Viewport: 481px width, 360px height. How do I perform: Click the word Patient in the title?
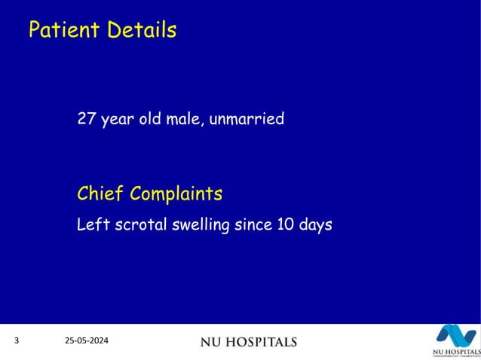[x=63, y=30]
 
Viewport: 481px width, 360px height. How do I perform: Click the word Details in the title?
[x=141, y=30]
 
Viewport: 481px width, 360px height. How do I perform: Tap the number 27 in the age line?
[x=86, y=119]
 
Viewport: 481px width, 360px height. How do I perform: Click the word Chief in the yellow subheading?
[x=100, y=194]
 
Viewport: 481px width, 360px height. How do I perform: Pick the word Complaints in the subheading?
[x=176, y=194]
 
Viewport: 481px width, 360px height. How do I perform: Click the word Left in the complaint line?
[x=90, y=224]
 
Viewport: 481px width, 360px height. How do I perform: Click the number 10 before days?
[x=279, y=224]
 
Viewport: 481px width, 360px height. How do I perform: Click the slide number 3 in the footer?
[x=17, y=342]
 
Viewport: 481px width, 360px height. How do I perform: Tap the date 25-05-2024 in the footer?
[x=86, y=342]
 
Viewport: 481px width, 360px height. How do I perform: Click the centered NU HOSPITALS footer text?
[x=248, y=343]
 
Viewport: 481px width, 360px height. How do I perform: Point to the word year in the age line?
[x=114, y=120]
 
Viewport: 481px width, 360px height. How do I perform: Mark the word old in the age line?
[x=149, y=119]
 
